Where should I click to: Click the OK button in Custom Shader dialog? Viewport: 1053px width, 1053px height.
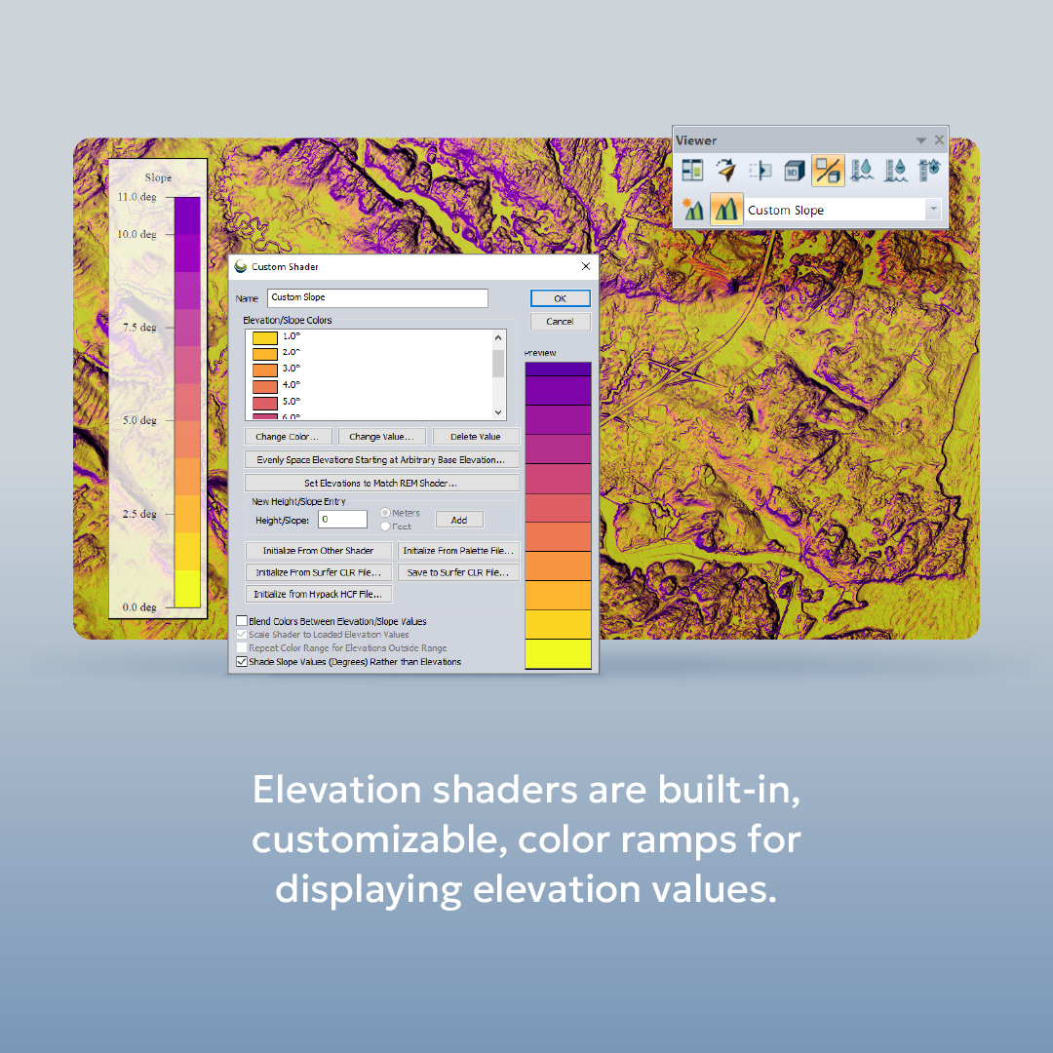pos(560,298)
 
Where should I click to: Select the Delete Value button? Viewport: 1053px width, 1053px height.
pos(476,437)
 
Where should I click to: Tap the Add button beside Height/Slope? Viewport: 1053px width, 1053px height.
pos(459,521)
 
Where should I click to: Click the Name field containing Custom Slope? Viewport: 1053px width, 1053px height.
pos(377,297)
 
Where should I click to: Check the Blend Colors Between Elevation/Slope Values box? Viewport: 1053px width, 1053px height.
pos(242,621)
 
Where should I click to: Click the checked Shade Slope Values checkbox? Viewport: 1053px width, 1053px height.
pos(242,662)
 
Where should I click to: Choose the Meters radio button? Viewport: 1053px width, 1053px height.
pos(386,513)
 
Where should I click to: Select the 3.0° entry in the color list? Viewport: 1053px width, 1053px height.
pos(291,369)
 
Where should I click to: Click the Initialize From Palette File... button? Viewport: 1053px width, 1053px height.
pos(458,551)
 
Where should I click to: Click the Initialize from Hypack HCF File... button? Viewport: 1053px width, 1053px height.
pos(319,594)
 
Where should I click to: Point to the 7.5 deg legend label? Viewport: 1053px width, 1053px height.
pos(139,328)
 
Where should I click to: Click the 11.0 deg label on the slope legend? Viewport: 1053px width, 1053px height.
pos(137,197)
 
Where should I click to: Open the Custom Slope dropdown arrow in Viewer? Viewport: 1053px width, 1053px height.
pos(933,210)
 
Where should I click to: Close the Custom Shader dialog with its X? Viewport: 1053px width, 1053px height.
pos(586,266)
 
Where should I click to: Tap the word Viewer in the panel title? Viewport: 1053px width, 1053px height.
pos(696,140)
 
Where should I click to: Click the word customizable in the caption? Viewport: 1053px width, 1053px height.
pos(375,839)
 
